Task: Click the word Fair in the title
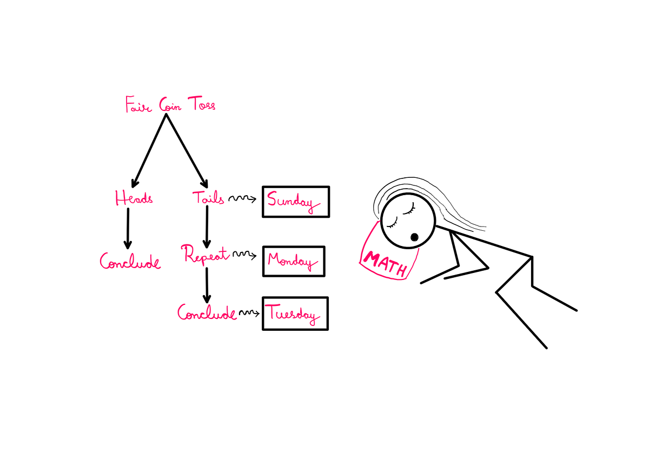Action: coord(138,104)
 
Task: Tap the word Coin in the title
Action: coord(170,105)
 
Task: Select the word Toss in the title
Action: coord(202,103)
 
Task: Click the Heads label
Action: coord(134,198)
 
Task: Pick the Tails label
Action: coord(208,198)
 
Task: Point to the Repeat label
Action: coord(205,255)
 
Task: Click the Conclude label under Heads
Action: coord(130,261)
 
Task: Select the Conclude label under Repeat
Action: coord(207,312)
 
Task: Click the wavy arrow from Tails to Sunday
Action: coord(242,198)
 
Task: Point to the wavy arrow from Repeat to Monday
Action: coord(244,255)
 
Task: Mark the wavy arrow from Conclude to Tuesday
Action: coord(249,312)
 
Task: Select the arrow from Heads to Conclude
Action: coord(128,229)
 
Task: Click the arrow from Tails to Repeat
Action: coord(207,227)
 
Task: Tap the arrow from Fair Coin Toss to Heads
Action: coord(149,150)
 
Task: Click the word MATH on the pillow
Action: coord(385,264)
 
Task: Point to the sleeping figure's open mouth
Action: coord(414,237)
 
